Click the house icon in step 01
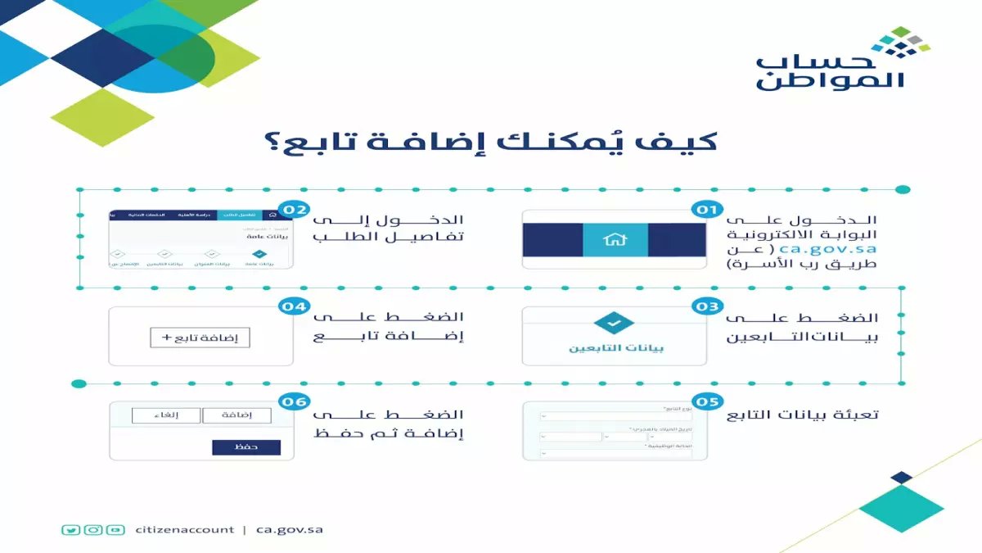click(615, 240)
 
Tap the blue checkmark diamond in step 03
click(615, 324)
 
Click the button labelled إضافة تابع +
click(200, 338)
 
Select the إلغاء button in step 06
click(166, 416)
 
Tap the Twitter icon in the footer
click(71, 529)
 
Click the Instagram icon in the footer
click(94, 529)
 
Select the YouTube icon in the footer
click(116, 529)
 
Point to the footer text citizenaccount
click(185, 529)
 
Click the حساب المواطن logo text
click(831, 72)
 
